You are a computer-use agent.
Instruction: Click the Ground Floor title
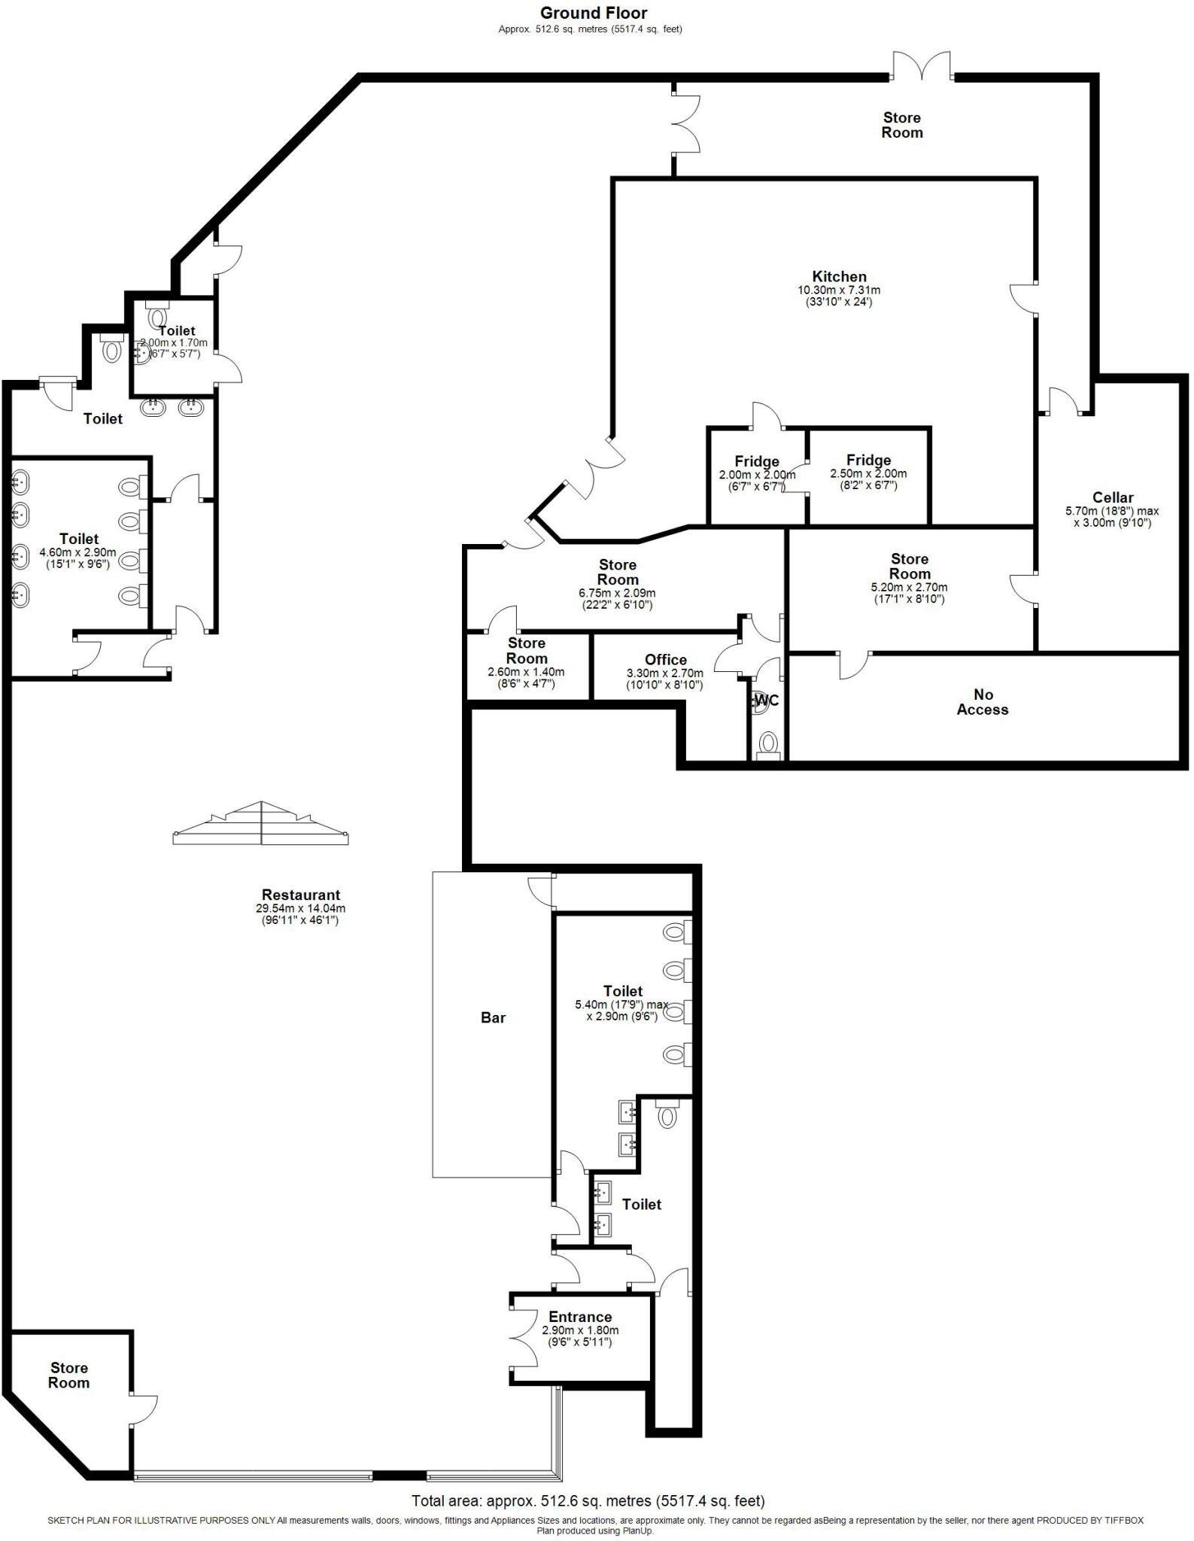click(x=593, y=13)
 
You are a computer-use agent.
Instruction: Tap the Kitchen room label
click(x=839, y=276)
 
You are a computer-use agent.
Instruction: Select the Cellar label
click(x=1112, y=497)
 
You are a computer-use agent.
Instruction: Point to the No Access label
click(x=982, y=702)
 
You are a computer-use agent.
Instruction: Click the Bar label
click(x=493, y=1017)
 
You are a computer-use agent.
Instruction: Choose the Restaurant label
click(x=301, y=895)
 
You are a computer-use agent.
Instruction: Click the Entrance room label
click(x=580, y=1317)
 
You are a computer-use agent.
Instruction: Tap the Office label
click(x=665, y=660)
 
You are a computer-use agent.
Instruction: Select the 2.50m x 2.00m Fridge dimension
click(x=868, y=474)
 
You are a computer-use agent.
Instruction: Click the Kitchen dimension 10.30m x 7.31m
click(x=839, y=290)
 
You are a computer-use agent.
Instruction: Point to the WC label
click(x=766, y=701)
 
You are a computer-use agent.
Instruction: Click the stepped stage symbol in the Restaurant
click(x=260, y=823)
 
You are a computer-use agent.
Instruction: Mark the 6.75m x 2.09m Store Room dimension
click(x=617, y=593)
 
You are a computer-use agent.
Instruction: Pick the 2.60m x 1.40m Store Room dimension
click(x=526, y=672)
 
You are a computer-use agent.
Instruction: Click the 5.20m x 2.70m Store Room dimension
click(x=909, y=588)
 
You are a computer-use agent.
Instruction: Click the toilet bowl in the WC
click(x=767, y=743)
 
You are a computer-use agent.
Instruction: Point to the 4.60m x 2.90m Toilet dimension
click(x=78, y=552)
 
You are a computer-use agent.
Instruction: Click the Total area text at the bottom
click(x=588, y=1501)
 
